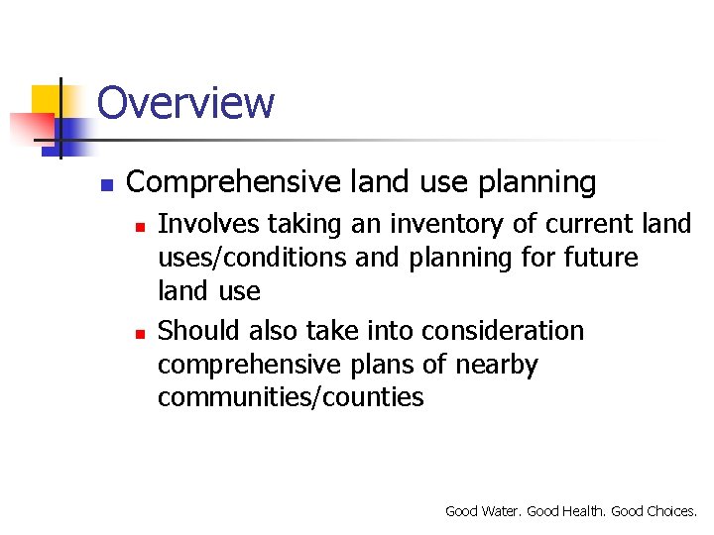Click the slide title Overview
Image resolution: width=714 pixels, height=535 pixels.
[185, 103]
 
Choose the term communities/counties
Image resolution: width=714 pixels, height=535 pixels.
[291, 398]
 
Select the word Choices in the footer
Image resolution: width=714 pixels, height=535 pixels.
[671, 511]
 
